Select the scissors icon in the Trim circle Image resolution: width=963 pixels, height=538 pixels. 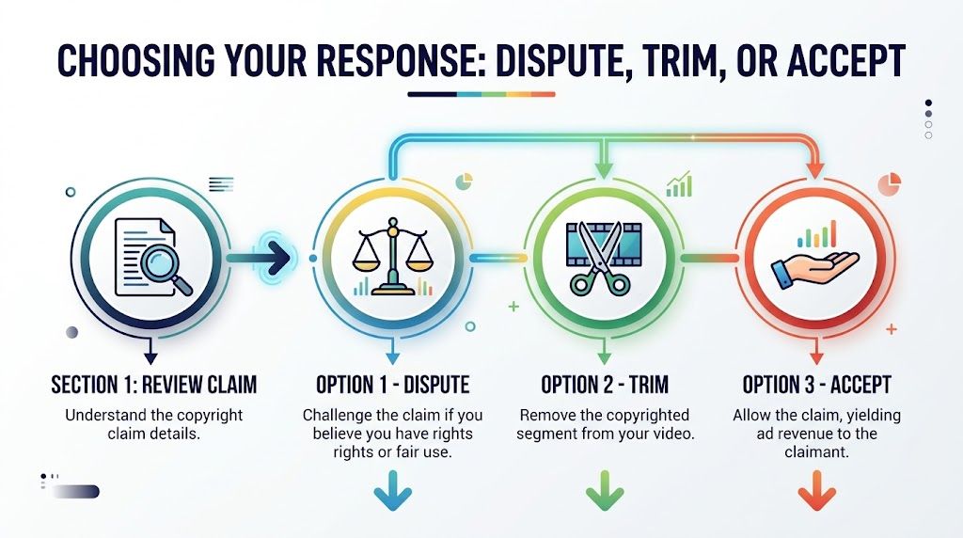tap(599, 254)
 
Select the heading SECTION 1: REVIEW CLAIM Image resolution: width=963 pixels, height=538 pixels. tap(153, 385)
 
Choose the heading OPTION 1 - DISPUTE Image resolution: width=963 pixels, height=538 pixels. tap(392, 385)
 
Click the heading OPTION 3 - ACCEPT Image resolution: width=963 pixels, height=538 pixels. tap(816, 385)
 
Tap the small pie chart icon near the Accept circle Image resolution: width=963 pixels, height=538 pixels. tap(889, 182)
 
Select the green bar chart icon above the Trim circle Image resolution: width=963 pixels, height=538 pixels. tap(679, 184)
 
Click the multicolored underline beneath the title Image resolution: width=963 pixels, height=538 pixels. tap(481, 94)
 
